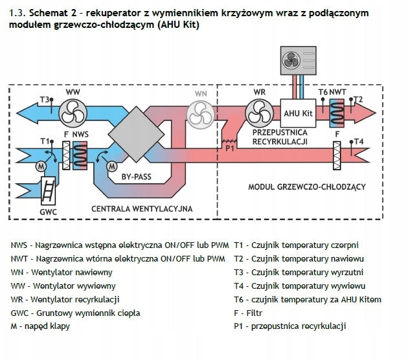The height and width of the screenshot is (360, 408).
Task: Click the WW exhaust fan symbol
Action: pos(73,113)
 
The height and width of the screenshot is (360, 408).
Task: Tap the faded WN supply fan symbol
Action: pos(201,115)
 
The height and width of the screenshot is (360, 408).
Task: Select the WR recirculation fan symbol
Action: pos(259,113)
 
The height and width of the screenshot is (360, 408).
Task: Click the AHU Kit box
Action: pos(298,113)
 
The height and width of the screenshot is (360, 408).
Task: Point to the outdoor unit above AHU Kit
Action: pos(298,61)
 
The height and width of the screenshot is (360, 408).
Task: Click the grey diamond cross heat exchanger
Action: pos(137,134)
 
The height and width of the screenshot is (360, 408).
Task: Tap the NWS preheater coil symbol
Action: pos(80,155)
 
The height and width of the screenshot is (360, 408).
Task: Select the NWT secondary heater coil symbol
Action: pos(337,113)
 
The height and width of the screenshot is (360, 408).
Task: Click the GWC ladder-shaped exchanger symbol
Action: pos(48,190)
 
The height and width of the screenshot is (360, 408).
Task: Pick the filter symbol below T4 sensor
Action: pos(337,155)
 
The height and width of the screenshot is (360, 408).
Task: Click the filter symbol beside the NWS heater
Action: pos(66,155)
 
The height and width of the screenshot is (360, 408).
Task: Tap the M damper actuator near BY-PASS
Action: pos(112,166)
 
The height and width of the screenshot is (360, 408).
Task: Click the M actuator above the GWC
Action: pos(41,166)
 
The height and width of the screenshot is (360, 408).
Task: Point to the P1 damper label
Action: pos(230,148)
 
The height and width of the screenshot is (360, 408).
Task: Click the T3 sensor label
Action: pos(44,100)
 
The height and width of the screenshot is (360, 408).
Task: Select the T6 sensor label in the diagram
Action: pos(323,92)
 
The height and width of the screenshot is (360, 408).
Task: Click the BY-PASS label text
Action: pos(137,177)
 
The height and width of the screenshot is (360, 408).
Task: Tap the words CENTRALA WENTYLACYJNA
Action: pos(142,209)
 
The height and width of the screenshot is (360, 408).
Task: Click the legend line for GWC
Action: pos(76,313)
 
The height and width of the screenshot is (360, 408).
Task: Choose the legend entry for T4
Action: pos(299,286)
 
